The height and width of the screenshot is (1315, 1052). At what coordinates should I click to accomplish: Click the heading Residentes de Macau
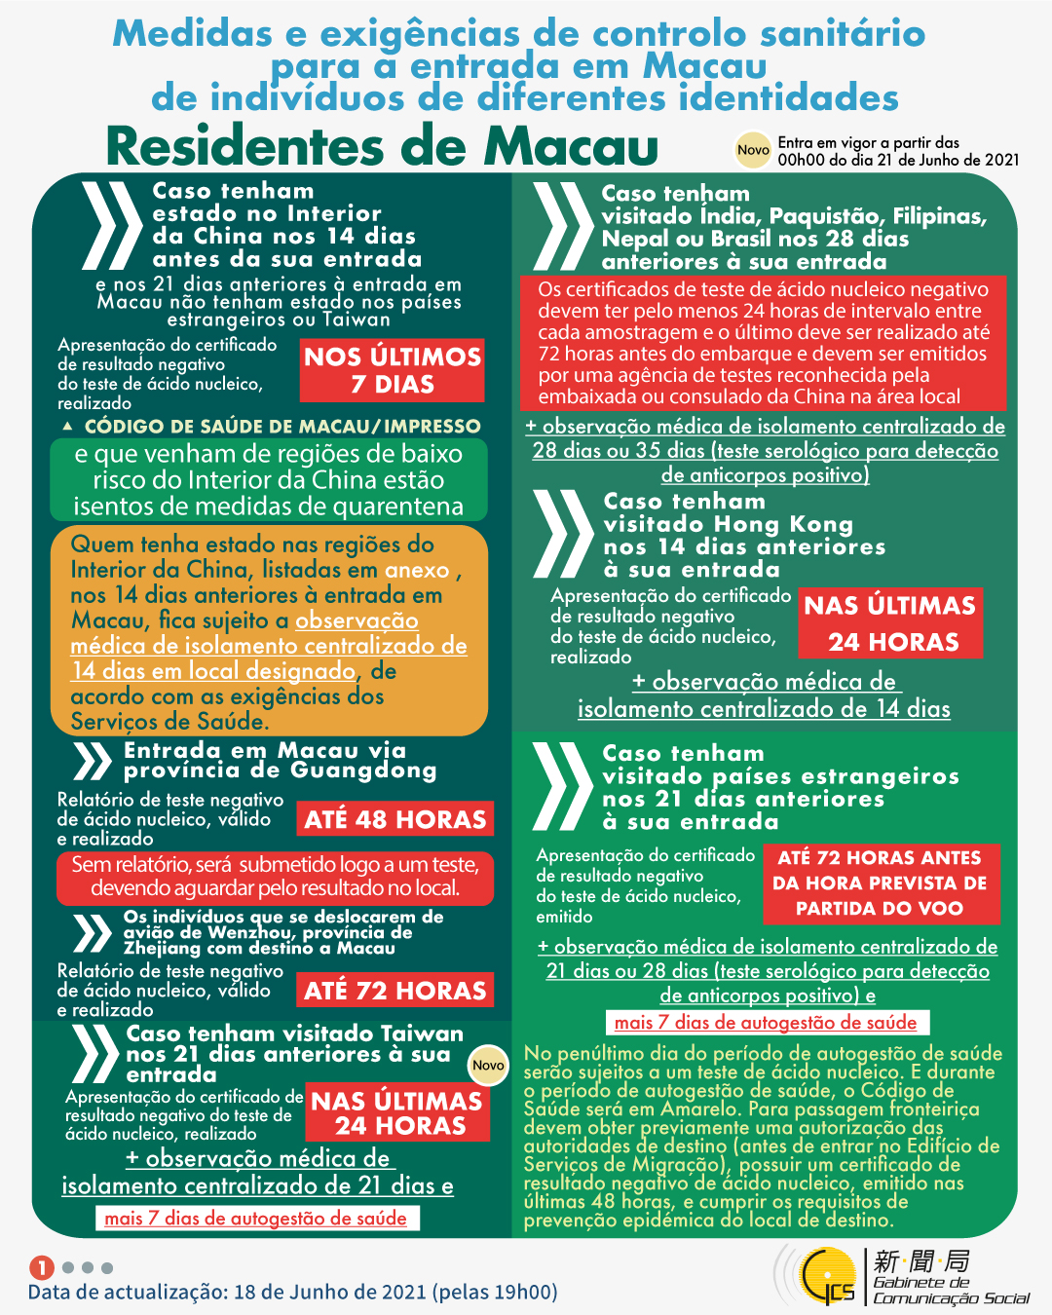click(x=382, y=147)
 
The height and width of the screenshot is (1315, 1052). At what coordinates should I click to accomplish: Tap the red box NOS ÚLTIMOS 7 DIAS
click(x=393, y=370)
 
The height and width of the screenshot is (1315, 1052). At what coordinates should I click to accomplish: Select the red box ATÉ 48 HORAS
click(x=394, y=819)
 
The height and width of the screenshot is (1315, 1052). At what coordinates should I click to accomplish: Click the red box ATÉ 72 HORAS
click(x=394, y=991)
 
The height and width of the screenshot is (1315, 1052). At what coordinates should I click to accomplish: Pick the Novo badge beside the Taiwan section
click(x=488, y=1066)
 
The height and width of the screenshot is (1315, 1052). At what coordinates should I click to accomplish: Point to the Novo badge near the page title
click(x=753, y=150)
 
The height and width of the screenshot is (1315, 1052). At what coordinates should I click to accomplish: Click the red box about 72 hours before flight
click(x=880, y=883)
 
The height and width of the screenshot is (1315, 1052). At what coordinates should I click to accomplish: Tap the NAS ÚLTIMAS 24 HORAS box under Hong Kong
click(x=889, y=623)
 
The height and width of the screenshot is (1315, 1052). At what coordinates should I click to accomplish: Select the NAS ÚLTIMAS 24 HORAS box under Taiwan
click(x=396, y=1113)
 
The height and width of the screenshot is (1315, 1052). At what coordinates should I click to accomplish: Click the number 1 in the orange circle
click(x=41, y=1267)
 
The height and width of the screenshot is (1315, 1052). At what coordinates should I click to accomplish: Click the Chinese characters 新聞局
click(x=920, y=1261)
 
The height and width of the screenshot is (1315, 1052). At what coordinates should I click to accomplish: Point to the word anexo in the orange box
click(x=417, y=571)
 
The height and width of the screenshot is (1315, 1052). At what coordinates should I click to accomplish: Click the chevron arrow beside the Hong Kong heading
click(x=563, y=535)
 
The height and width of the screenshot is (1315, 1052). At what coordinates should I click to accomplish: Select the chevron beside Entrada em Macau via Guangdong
click(x=93, y=762)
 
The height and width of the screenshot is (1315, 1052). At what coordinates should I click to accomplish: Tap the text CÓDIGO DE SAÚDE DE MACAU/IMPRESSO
click(x=282, y=427)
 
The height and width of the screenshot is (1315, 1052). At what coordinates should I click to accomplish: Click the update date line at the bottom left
click(x=292, y=1292)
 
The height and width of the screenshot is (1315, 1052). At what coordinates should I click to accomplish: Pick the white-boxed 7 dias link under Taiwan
click(x=256, y=1219)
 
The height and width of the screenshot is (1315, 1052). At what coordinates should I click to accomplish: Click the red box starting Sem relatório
click(x=275, y=877)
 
